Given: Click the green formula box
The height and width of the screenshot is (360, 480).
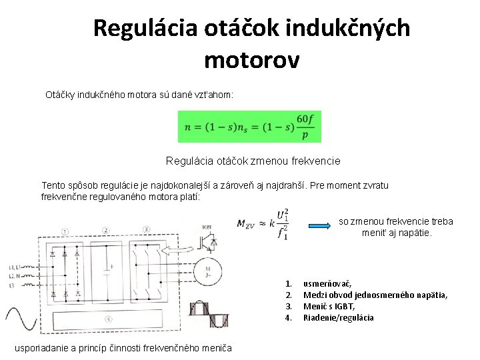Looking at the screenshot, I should (249, 127).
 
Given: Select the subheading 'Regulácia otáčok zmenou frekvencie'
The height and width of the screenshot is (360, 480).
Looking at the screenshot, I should (253, 161).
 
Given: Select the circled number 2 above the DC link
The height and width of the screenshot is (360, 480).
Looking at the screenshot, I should (105, 231).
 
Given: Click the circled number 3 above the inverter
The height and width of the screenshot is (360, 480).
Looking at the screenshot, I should (145, 231).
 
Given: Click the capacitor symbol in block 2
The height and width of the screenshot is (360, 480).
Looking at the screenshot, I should (107, 271).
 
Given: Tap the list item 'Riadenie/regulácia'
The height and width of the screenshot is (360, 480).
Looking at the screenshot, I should (339, 317).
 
